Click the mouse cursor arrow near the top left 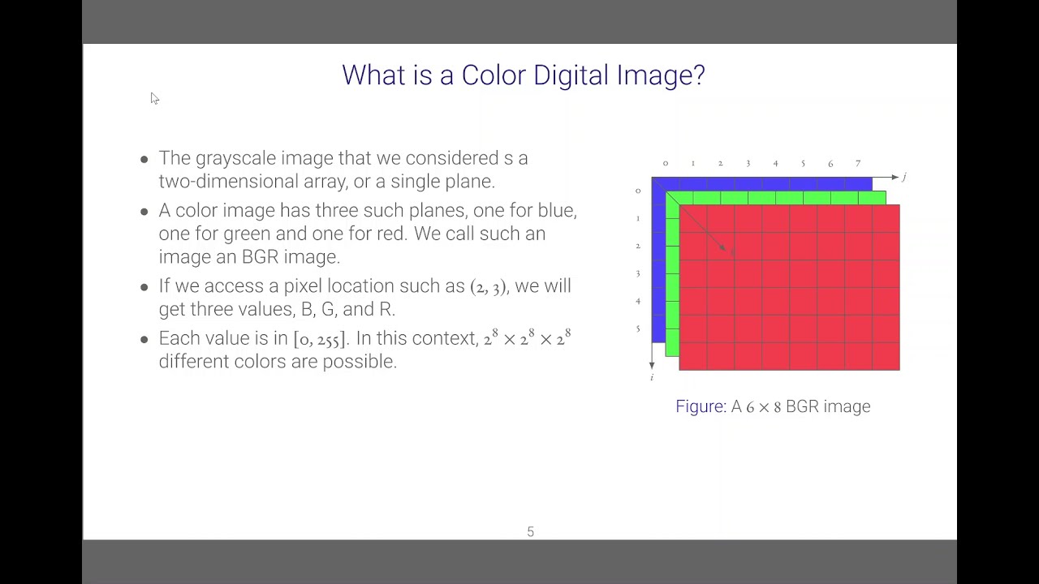tap(154, 98)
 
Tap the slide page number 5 tap(530, 532)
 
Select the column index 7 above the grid tap(858, 164)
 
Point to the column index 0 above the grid tap(666, 164)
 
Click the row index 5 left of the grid tap(638, 328)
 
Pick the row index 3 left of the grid tap(638, 273)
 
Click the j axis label tap(903, 177)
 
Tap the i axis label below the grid tap(652, 377)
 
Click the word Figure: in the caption tap(701, 406)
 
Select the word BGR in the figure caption tap(803, 406)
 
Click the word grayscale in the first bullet tap(234, 158)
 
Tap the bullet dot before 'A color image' tap(144, 212)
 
